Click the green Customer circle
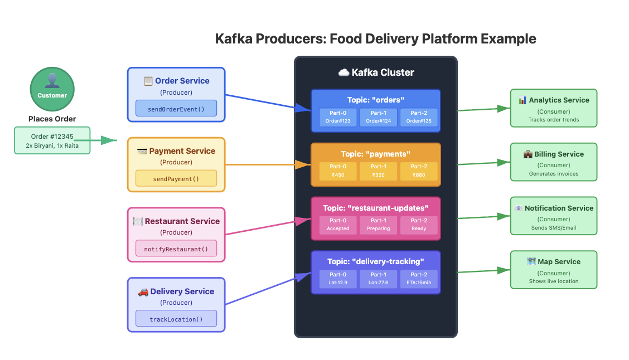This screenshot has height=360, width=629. click(52, 89)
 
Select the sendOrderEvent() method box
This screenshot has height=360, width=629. click(176, 109)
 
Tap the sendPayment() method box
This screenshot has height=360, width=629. click(176, 179)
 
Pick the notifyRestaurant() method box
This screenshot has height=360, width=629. click(176, 249)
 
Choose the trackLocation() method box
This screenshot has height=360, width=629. click(176, 319)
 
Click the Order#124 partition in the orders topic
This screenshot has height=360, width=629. click(378, 117)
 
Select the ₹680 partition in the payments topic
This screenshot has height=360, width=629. click(419, 171)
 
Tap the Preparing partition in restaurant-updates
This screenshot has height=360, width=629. click(378, 225)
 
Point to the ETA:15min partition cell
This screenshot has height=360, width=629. click(419, 279)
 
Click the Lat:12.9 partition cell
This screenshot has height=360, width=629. click(338, 279)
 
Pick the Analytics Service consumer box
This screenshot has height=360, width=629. click(554, 109)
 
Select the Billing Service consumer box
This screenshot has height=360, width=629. click(554, 162)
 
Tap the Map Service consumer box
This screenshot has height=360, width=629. click(554, 270)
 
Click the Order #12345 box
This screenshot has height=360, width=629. click(52, 140)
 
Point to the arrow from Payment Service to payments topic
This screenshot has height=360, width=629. click(268, 164)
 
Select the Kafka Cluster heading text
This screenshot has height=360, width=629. click(383, 72)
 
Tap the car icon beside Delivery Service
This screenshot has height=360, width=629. click(143, 291)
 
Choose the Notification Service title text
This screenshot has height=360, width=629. click(559, 208)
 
